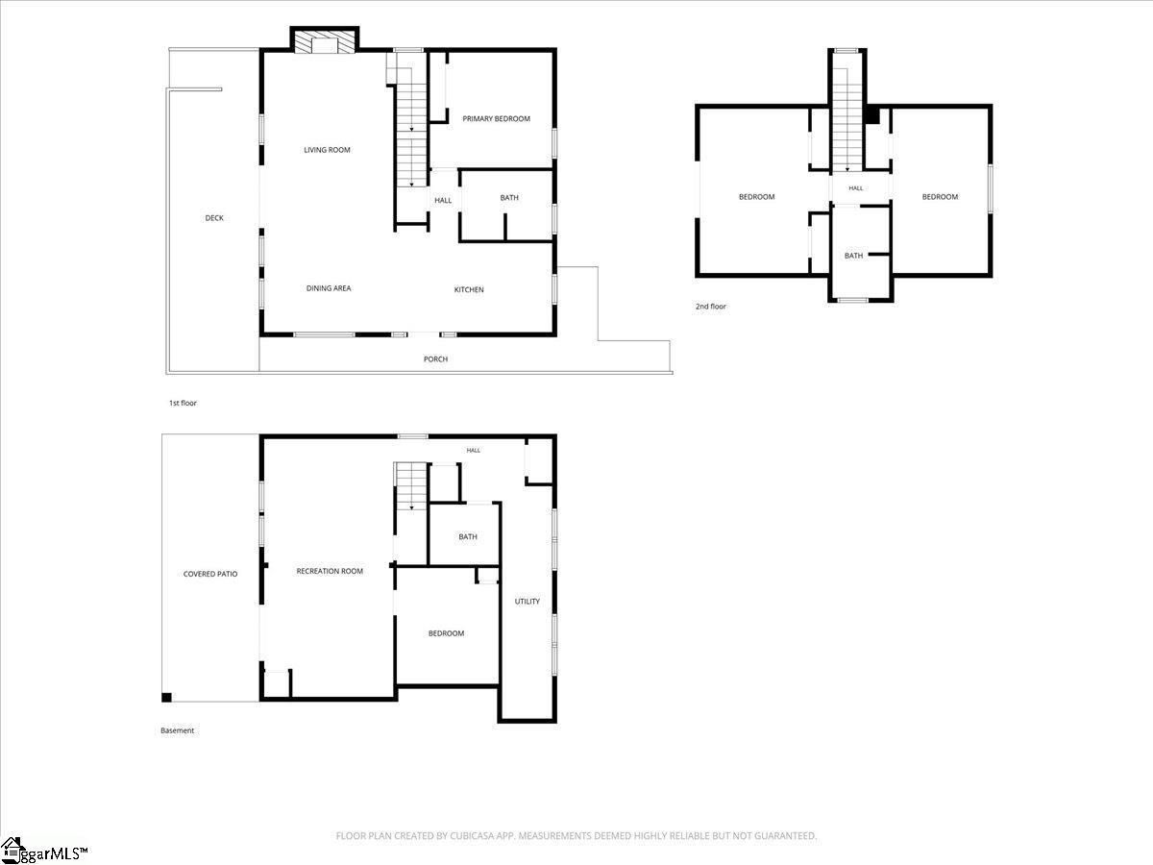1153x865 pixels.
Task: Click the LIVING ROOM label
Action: tap(327, 150)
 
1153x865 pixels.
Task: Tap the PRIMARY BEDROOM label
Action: tap(496, 118)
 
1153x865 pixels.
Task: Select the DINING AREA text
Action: tap(329, 287)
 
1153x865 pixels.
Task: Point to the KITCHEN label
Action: tap(469, 289)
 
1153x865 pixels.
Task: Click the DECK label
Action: tap(214, 218)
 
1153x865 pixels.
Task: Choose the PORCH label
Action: tap(435, 359)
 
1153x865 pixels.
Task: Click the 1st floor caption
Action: tap(183, 403)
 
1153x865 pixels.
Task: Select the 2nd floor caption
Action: tap(711, 307)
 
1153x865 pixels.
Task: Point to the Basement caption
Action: tap(177, 730)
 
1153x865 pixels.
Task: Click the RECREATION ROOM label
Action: tap(330, 571)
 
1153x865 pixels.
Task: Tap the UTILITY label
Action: tap(527, 602)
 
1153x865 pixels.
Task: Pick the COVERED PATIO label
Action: tap(210, 574)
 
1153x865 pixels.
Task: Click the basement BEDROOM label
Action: tap(446, 633)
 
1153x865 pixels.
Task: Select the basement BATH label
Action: tap(468, 536)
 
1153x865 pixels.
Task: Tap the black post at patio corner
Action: tap(166, 698)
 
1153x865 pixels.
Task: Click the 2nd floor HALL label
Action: tap(856, 188)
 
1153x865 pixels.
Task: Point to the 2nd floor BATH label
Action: tap(853, 256)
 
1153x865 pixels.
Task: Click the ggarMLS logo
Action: tap(44, 851)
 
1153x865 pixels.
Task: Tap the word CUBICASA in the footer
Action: tap(470, 835)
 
